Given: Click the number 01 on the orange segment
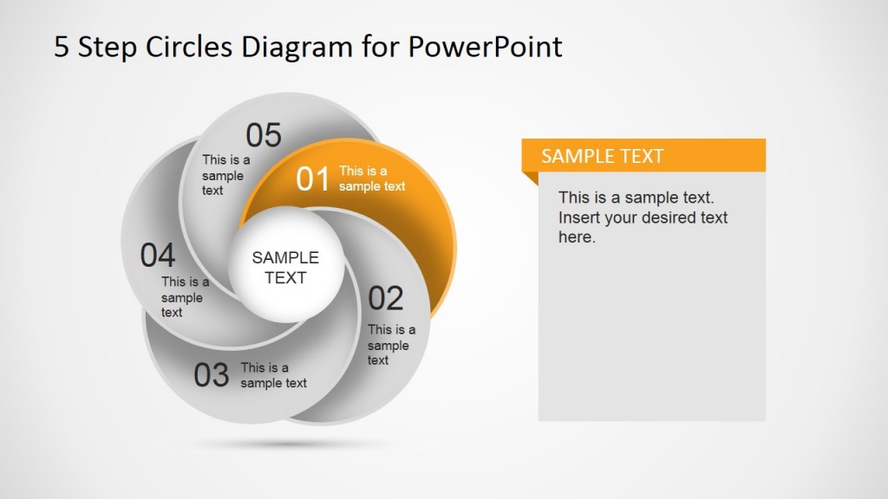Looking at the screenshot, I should tap(312, 178).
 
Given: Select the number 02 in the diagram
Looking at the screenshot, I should tap(386, 298).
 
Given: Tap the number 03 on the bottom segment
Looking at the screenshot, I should tap(211, 375).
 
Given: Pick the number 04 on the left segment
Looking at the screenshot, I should tap(158, 256).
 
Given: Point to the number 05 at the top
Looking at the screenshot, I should tap(264, 135).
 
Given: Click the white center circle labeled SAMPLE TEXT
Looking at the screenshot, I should tap(285, 267).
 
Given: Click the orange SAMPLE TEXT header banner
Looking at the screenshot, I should tap(643, 156).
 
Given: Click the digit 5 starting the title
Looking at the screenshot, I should tap(61, 46).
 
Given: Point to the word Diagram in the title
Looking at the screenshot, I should tap(291, 46).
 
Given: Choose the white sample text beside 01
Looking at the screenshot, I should tap(371, 178).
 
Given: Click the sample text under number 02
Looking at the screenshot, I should tap(390, 344).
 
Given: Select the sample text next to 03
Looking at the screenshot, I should tap(273, 375).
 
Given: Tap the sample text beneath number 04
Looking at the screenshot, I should tap(184, 296).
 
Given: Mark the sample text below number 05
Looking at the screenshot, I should tap(225, 175).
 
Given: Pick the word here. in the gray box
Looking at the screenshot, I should tap(577, 237).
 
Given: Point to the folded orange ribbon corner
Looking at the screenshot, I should tap(530, 178).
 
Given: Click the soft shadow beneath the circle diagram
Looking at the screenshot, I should tap(286, 443).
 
